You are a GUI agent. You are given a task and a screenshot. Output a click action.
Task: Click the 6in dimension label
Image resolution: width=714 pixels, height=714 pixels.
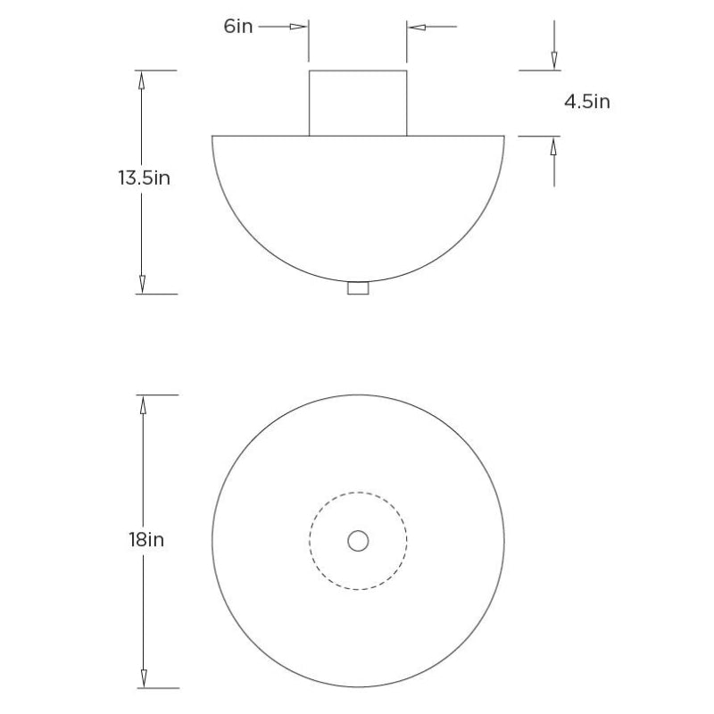click(x=239, y=26)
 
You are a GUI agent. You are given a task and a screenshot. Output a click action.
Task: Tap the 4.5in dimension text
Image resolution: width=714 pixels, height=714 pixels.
click(x=586, y=102)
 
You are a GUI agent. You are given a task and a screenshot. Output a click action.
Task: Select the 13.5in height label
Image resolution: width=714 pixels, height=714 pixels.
click(x=144, y=178)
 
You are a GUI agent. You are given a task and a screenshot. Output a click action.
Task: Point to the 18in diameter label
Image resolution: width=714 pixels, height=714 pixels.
click(x=145, y=540)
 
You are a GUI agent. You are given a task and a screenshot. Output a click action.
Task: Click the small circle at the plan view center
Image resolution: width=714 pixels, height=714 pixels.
click(x=358, y=540)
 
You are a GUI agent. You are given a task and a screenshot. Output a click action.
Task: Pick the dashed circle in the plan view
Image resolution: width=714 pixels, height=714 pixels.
click(x=311, y=540)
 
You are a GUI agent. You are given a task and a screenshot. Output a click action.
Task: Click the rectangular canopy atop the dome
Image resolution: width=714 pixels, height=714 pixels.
click(x=358, y=103)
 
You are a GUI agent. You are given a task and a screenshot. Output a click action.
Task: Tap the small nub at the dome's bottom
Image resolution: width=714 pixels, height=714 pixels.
click(x=358, y=288)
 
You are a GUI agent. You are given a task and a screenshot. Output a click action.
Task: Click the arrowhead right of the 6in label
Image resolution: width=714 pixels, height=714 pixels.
click(x=298, y=27)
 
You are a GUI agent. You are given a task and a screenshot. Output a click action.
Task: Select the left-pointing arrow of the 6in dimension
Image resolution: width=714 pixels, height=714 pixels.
click(x=417, y=27)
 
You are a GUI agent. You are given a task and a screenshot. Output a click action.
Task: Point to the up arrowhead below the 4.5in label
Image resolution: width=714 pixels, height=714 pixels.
click(x=554, y=146)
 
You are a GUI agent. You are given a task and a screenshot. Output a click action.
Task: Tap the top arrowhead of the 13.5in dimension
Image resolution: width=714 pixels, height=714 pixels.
click(x=141, y=80)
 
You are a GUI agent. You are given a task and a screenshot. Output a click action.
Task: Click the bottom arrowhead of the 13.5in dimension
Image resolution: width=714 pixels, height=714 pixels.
click(x=141, y=284)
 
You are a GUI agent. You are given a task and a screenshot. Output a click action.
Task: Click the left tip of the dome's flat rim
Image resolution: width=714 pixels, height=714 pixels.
click(x=212, y=136)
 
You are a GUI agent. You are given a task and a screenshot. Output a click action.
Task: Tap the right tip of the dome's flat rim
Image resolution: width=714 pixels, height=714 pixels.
click(x=504, y=136)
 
